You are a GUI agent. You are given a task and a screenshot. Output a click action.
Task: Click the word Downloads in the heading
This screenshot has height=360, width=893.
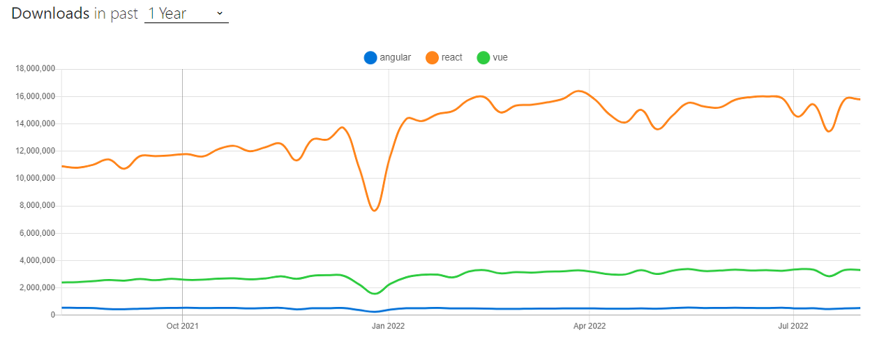[50, 13]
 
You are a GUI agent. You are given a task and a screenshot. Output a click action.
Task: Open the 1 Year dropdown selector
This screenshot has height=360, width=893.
[186, 13]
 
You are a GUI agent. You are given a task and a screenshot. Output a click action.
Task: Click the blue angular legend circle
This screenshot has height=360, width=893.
[370, 58]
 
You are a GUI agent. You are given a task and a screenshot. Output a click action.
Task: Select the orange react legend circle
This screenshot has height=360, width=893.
[432, 58]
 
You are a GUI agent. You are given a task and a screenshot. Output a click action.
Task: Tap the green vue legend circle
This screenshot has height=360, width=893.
[483, 58]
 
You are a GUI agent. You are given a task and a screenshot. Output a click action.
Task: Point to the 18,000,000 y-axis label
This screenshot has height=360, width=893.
[35, 69]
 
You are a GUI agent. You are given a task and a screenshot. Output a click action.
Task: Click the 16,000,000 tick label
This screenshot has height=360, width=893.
[35, 96]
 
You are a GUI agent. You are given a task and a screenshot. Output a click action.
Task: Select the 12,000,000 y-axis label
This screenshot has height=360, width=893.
[35, 151]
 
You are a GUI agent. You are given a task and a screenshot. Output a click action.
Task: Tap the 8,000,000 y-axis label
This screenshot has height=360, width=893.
[37, 206]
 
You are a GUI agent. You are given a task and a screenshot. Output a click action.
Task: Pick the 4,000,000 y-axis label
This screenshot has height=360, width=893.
[37, 260]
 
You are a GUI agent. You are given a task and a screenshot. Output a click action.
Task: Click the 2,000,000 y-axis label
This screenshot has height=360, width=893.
[37, 287]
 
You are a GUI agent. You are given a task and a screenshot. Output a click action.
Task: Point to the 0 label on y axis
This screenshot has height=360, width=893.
[52, 315]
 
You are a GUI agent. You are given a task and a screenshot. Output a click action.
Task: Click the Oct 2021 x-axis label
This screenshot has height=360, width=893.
[182, 325]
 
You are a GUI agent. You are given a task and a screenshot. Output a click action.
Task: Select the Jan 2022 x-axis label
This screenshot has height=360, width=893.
[388, 325]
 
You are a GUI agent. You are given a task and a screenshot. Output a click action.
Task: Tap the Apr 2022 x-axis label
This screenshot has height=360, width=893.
[590, 325]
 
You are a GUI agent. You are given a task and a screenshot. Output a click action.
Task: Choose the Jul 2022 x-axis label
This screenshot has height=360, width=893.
[793, 325]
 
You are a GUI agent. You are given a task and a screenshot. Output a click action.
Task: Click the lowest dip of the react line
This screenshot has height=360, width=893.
[375, 210]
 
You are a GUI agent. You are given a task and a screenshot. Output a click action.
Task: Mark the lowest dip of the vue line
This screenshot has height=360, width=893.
[375, 293]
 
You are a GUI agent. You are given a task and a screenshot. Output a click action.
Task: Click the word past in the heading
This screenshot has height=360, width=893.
[124, 13]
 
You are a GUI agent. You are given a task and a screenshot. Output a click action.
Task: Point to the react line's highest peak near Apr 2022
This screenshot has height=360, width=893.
[578, 91]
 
